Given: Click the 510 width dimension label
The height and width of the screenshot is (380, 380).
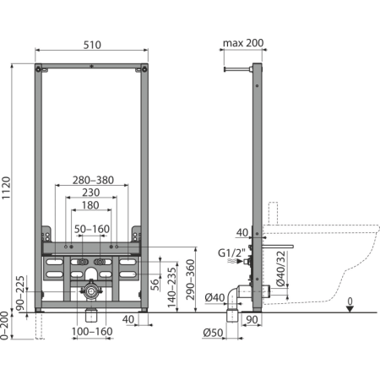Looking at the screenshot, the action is point(92,45).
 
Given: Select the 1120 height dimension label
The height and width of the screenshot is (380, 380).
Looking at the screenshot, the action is point(6,188).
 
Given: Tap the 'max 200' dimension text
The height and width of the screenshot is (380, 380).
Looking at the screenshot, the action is point(243,43).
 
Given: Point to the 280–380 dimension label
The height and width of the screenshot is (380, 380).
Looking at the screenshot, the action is point(93,180).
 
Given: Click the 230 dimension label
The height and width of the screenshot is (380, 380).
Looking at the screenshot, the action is point(91,193).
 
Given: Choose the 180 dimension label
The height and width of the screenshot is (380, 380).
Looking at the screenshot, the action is point(90,205).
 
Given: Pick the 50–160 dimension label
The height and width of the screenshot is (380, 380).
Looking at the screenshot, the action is point(92,229).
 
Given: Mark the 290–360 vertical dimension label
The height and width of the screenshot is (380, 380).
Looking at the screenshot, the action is point(190,280).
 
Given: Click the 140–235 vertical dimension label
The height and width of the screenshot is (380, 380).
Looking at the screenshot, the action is point(171,287).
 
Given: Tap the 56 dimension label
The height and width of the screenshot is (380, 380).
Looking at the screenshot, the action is point(155,285).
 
